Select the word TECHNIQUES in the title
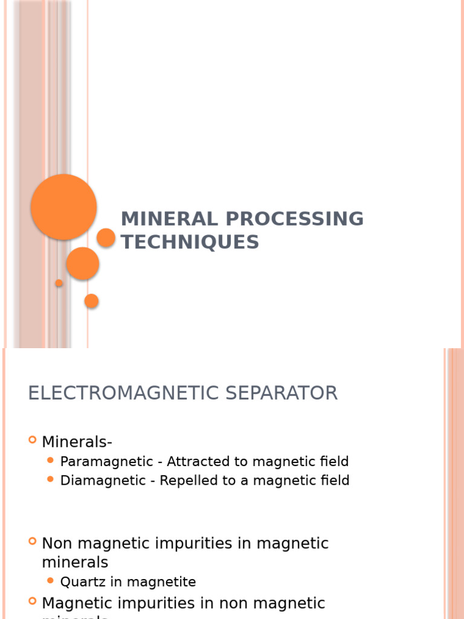point(190,242)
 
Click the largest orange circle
point(63,207)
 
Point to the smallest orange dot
point(59,283)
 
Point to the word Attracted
point(195,462)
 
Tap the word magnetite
point(158,582)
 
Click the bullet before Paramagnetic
point(51,461)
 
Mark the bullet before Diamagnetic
point(51,480)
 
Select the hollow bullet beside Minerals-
point(33,441)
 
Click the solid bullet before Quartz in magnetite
point(51,582)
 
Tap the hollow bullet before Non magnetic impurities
point(33,542)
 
